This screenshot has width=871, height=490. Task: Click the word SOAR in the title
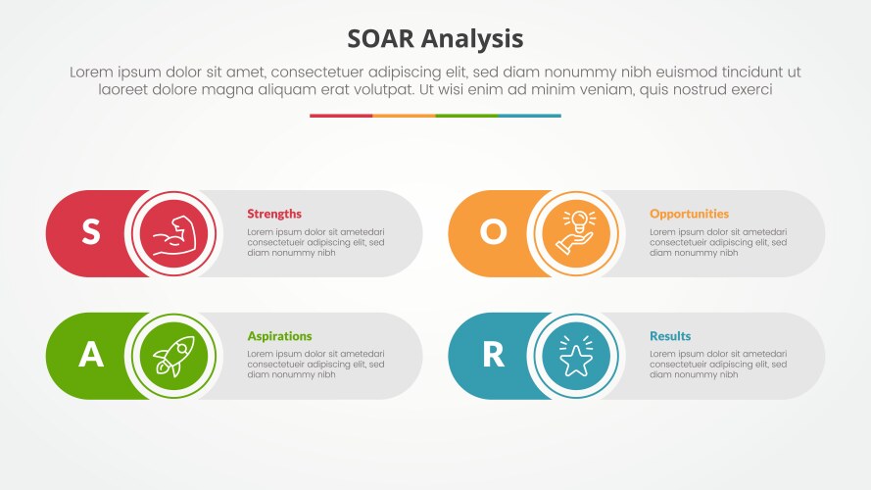pyautogui.click(x=382, y=38)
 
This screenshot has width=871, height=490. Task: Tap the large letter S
pyautogui.click(x=90, y=232)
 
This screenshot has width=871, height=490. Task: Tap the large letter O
pyautogui.click(x=493, y=232)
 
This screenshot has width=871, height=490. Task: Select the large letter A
pyautogui.click(x=91, y=355)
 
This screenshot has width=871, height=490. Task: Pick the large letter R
pyautogui.click(x=493, y=355)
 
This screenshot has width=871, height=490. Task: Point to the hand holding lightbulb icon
pyautogui.click(x=575, y=233)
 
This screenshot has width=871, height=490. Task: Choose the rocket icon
pyautogui.click(x=172, y=356)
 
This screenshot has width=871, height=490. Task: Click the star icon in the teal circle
pyautogui.click(x=575, y=356)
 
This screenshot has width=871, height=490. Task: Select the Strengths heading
pyautogui.click(x=274, y=214)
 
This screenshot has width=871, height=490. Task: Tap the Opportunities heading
pyautogui.click(x=689, y=214)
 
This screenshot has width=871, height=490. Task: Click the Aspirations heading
pyautogui.click(x=279, y=336)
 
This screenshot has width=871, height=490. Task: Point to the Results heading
pyautogui.click(x=670, y=336)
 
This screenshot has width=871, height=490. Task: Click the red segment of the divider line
pyautogui.click(x=341, y=116)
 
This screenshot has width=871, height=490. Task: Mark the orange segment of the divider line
pyautogui.click(x=404, y=116)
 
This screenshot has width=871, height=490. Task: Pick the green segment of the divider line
pyautogui.click(x=466, y=116)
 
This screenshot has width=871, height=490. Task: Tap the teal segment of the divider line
pyautogui.click(x=529, y=116)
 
